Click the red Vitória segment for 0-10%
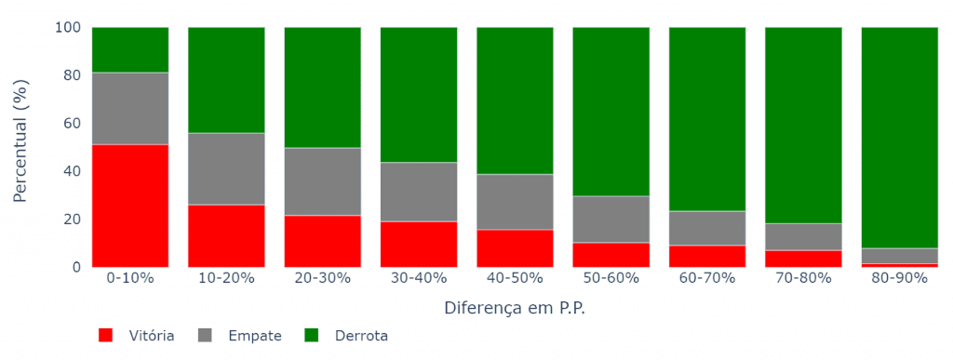pyautogui.click(x=130, y=206)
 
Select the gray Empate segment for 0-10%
pyautogui.click(x=130, y=108)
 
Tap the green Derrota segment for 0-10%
pyautogui.click(x=130, y=49)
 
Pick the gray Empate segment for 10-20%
pyautogui.click(x=226, y=168)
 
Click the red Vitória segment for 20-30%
pyautogui.click(x=323, y=241)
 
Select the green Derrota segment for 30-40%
pyautogui.click(x=419, y=95)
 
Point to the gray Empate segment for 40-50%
pyautogui.click(x=515, y=202)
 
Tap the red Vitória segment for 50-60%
pyautogui.click(x=611, y=255)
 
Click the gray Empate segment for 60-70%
pyautogui.click(x=707, y=228)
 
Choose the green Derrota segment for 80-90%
pyautogui.click(x=900, y=138)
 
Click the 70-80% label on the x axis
pyautogui.click(x=803, y=278)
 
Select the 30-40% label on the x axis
pyautogui.click(x=419, y=278)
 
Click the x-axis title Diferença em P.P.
pyautogui.click(x=515, y=307)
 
